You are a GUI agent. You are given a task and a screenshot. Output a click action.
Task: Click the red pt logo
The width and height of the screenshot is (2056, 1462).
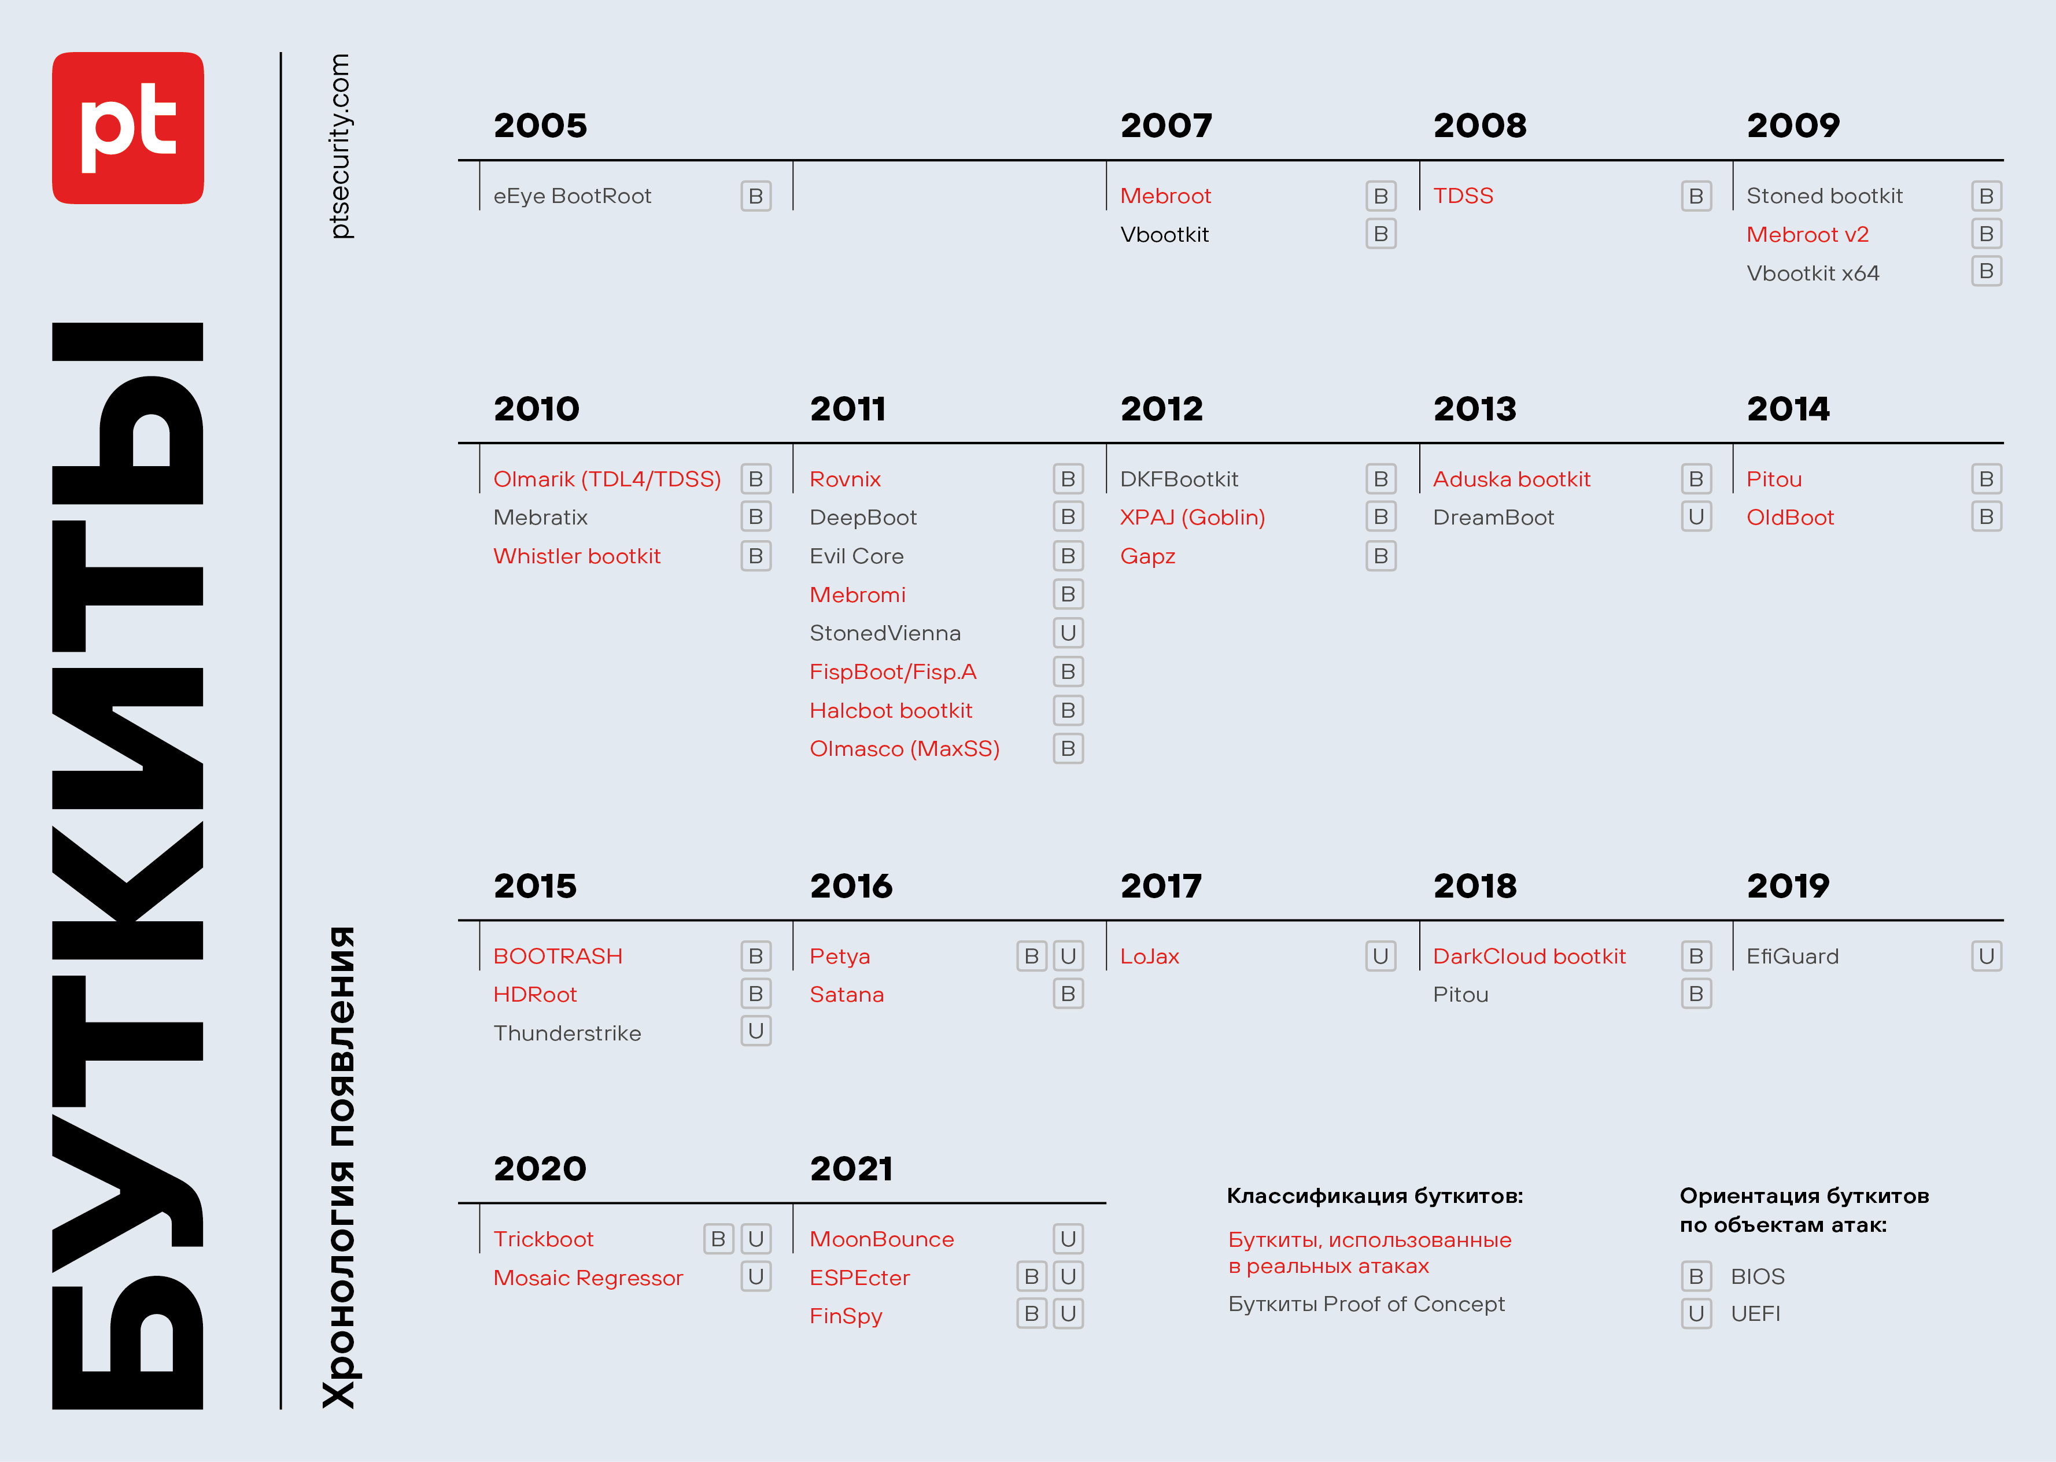point(128,128)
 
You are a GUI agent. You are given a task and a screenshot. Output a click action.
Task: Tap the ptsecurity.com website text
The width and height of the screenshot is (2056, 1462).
point(339,146)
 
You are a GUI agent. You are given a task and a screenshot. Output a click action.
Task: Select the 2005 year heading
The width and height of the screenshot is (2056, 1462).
point(540,125)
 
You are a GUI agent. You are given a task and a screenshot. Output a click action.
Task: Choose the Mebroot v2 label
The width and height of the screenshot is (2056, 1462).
point(1807,234)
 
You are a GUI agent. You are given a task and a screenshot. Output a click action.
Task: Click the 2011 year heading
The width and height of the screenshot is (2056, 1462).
point(847,409)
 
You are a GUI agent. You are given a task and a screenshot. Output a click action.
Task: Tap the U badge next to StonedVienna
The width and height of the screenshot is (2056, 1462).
point(1068,633)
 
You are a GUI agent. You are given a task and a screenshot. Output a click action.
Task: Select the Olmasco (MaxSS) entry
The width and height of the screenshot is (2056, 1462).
point(904,749)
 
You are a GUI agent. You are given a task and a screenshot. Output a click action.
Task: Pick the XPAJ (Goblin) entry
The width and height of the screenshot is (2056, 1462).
point(1192,518)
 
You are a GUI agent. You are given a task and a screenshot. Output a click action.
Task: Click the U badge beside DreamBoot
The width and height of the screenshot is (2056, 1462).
point(1696,517)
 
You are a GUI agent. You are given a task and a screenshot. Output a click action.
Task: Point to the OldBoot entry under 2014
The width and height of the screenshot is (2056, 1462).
point(1789,518)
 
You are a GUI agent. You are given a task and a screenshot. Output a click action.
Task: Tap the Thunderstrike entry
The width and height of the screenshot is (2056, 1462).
point(567,1033)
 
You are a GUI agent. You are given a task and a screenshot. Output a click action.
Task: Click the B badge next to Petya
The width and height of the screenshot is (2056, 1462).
point(1032,956)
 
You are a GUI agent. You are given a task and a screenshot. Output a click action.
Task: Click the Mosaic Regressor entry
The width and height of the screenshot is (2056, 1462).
point(588,1278)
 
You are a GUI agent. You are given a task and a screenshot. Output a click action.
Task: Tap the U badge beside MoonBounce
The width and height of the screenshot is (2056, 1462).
point(1068,1239)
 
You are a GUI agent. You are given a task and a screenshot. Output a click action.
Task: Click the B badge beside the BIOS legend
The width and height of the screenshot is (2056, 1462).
point(1696,1276)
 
